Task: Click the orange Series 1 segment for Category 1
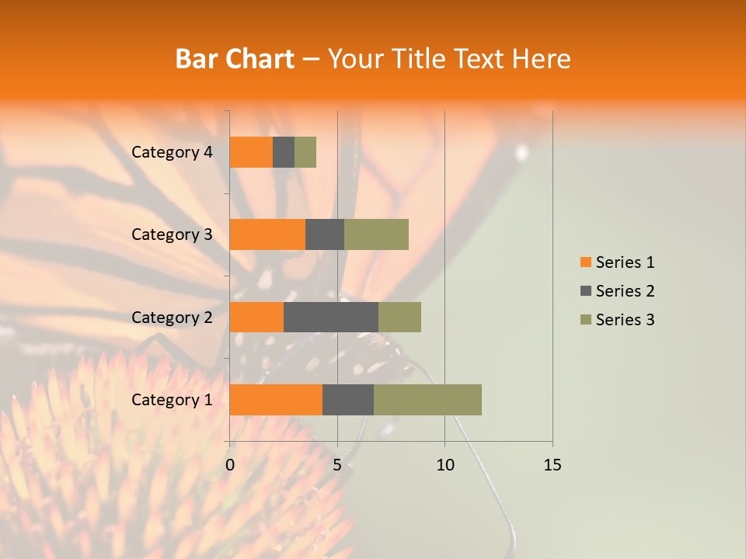click(x=276, y=400)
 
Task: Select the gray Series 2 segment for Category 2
click(x=331, y=317)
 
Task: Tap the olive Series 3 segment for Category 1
click(x=427, y=400)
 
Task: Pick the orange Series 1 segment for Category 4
click(x=251, y=152)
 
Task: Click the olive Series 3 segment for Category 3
click(x=376, y=234)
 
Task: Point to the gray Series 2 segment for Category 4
click(x=284, y=152)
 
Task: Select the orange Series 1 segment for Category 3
click(x=267, y=234)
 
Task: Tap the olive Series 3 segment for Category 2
click(x=399, y=317)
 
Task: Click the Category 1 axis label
click(x=172, y=400)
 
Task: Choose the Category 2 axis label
click(x=172, y=317)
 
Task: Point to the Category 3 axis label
click(x=172, y=234)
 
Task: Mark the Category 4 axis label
click(x=172, y=152)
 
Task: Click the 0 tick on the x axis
click(x=230, y=465)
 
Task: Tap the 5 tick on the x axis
click(x=337, y=465)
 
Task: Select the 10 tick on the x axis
click(x=444, y=465)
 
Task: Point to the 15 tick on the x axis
click(x=552, y=465)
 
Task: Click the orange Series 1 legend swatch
click(x=585, y=262)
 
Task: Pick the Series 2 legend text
click(x=625, y=291)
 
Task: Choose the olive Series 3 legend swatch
click(x=585, y=320)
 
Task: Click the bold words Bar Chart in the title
click(x=234, y=59)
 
